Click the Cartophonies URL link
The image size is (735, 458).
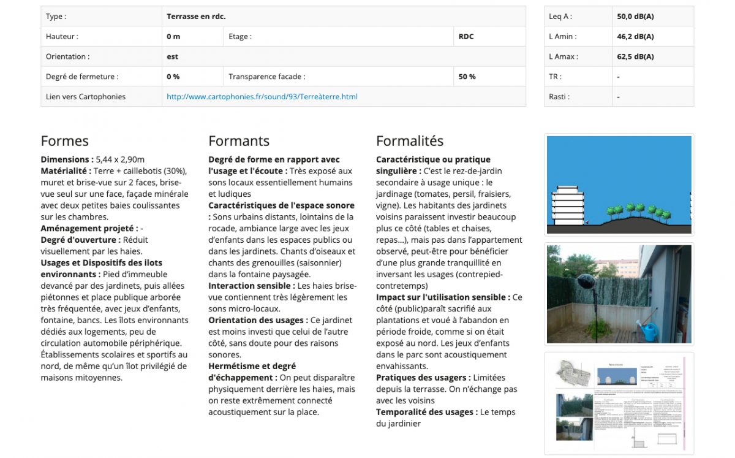[x=262, y=97]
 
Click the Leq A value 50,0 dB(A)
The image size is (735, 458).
[x=635, y=17]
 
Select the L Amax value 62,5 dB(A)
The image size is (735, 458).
[x=635, y=57]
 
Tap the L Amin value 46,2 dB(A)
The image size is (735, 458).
[x=635, y=37]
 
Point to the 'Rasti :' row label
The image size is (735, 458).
[x=559, y=97]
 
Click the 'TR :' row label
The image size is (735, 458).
[x=555, y=77]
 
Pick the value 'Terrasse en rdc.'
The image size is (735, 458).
[x=196, y=17]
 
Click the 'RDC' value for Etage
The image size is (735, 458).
[x=466, y=37]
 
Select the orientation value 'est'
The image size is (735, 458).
[x=172, y=57]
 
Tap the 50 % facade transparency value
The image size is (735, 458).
[x=467, y=77]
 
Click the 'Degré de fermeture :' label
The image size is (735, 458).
[x=82, y=77]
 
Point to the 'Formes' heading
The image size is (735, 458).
[x=64, y=141]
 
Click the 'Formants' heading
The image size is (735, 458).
[x=238, y=141]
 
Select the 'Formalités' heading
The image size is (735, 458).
[x=410, y=141]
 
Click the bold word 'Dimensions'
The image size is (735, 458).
[x=66, y=159]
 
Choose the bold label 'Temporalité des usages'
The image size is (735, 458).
[x=425, y=413]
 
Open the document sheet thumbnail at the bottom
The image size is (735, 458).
[x=619, y=403]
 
